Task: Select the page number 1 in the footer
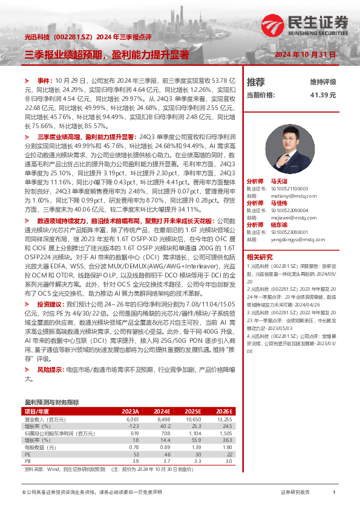tap(334, 493)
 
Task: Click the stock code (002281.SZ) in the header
tap(73, 37)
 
